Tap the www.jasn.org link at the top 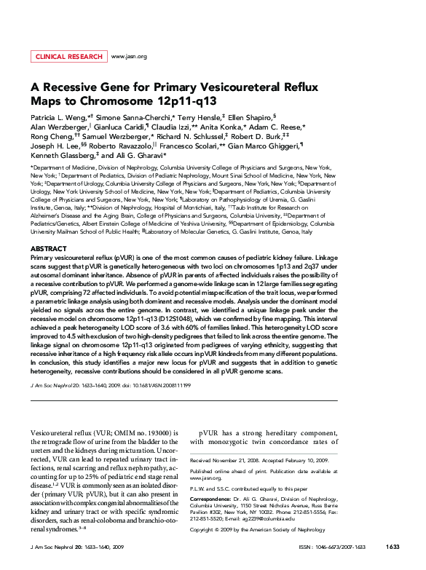(x=129, y=56)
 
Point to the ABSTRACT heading (x=48, y=249)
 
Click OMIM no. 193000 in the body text (x=143, y=432)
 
